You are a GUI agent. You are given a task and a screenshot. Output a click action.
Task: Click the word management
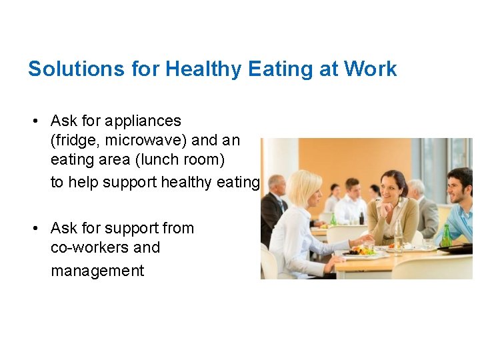click(97, 271)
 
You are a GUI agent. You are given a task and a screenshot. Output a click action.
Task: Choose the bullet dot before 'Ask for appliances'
click(33, 121)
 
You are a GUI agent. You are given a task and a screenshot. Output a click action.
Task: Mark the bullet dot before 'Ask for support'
click(33, 229)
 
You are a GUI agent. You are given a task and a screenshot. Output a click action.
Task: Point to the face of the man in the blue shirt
click(459, 185)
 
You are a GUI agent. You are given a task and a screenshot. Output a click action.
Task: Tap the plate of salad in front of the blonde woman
click(361, 251)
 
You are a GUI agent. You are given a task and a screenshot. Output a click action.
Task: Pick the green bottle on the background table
click(333, 218)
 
